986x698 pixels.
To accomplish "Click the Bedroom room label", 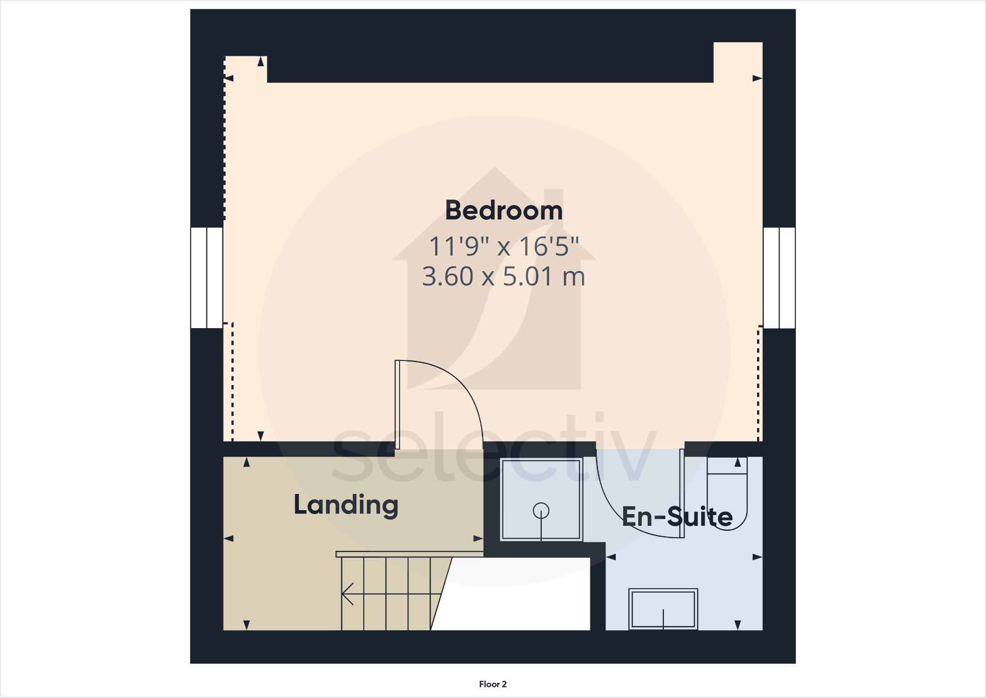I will click(x=504, y=210).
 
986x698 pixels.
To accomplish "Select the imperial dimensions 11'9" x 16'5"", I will click(x=504, y=246).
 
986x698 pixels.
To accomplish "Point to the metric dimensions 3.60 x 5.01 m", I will click(x=504, y=276).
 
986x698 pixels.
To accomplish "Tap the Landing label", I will click(x=346, y=505).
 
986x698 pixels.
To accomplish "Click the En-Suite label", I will click(x=677, y=517).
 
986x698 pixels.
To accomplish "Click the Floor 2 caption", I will click(x=493, y=684).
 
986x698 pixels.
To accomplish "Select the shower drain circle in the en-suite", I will click(x=541, y=511).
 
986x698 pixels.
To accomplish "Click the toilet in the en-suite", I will click(x=727, y=495).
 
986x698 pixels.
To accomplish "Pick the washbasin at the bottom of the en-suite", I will click(x=663, y=609).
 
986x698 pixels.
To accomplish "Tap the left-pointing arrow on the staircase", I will click(x=349, y=594).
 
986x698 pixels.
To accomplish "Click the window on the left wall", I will click(x=207, y=278).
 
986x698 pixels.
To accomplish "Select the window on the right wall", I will click(x=779, y=278).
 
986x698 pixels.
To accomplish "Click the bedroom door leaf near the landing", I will click(x=398, y=405).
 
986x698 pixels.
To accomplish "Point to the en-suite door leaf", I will click(x=682, y=493).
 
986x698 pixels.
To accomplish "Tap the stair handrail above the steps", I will click(x=409, y=554).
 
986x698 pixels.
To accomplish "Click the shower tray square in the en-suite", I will click(x=541, y=499).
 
